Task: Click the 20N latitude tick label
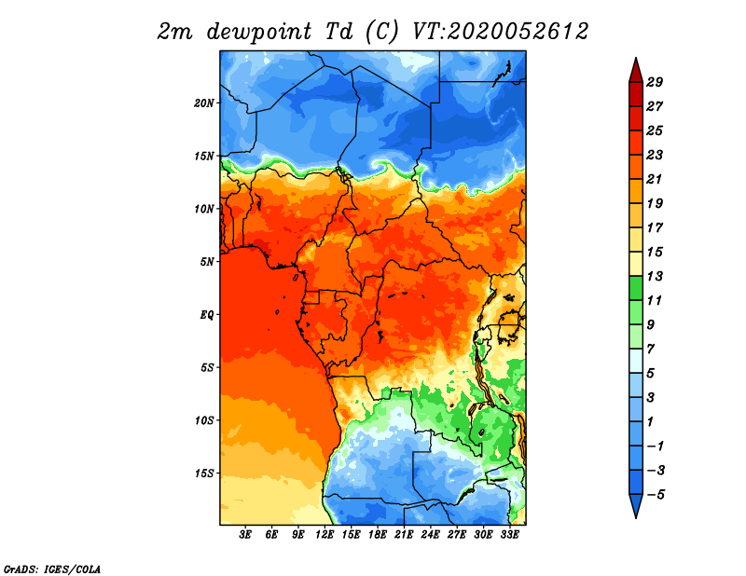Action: click(204, 103)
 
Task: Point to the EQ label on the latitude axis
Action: click(207, 315)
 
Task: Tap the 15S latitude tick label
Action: click(204, 473)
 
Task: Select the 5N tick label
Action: click(207, 262)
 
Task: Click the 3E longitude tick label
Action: click(245, 535)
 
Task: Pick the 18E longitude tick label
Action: click(378, 535)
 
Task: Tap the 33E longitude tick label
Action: click(509, 535)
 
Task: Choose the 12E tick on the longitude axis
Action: click(325, 535)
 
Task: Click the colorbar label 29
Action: click(655, 82)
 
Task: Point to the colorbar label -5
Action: click(655, 495)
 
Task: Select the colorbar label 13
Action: click(655, 276)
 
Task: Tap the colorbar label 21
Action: click(655, 179)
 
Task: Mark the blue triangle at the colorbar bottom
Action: click(636, 504)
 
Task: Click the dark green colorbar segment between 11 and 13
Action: click(636, 288)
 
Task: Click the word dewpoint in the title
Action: click(259, 32)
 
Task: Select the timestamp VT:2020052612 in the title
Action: click(501, 32)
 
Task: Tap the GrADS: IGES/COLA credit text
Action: click(52, 569)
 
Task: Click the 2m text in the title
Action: click(174, 33)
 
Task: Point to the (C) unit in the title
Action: click(381, 32)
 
